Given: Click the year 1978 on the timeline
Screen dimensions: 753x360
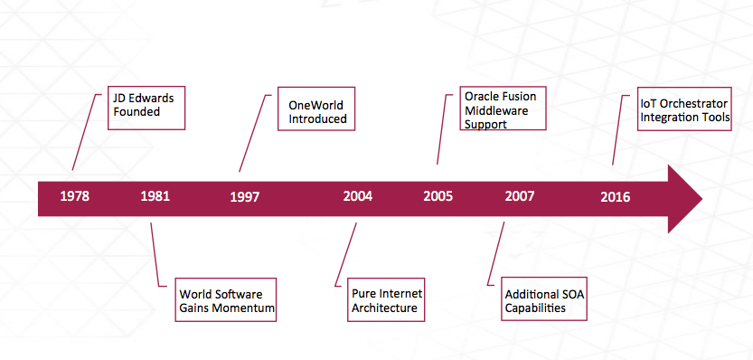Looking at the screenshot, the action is [x=74, y=196].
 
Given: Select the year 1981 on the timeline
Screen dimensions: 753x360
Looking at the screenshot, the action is [x=155, y=196].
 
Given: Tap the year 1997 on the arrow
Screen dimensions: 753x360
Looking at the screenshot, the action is [x=244, y=197].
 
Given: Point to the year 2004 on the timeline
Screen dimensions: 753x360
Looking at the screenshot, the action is [x=358, y=196].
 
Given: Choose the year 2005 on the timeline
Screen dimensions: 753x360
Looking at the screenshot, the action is [x=438, y=196].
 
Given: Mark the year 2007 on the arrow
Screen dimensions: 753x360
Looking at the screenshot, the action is [x=519, y=196].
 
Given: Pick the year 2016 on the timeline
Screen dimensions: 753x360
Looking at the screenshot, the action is [x=616, y=197].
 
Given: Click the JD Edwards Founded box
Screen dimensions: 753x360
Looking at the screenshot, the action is [x=146, y=109].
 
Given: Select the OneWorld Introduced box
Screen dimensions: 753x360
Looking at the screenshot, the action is [x=316, y=109].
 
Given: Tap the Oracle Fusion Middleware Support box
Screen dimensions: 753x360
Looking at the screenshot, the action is [x=503, y=109].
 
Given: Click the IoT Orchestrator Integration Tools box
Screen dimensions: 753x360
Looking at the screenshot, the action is [x=684, y=109].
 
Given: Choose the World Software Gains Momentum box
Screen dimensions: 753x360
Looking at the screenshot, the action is [x=225, y=299].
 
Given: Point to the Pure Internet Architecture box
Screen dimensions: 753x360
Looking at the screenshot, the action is [x=386, y=299].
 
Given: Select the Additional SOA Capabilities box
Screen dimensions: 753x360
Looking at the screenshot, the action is [x=543, y=298].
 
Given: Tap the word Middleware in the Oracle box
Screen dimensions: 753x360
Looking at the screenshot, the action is [x=496, y=110].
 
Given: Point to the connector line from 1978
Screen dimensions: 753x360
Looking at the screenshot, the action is [x=87, y=132].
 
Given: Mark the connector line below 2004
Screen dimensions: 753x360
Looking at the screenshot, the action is [x=345, y=254].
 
